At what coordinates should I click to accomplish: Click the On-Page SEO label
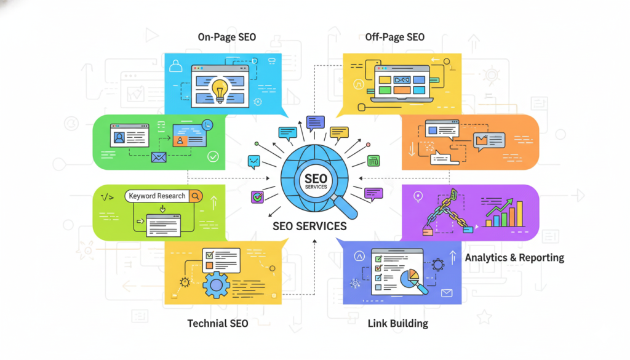click(226, 38)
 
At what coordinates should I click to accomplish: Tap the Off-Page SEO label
click(394, 38)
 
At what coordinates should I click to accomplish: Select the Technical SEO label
click(218, 323)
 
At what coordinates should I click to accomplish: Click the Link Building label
click(397, 323)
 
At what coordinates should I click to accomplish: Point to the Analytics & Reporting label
click(514, 257)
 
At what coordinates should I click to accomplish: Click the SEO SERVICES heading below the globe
click(309, 226)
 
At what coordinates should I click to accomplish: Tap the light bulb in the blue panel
click(219, 90)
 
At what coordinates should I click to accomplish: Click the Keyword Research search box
click(157, 196)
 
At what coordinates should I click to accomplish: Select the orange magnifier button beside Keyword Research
click(196, 196)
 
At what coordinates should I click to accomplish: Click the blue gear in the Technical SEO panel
click(216, 285)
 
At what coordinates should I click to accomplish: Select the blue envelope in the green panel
click(159, 157)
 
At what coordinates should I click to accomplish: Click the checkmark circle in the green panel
click(213, 157)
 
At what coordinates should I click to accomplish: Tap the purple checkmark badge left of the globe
click(257, 197)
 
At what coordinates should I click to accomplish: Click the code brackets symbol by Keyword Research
click(106, 197)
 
